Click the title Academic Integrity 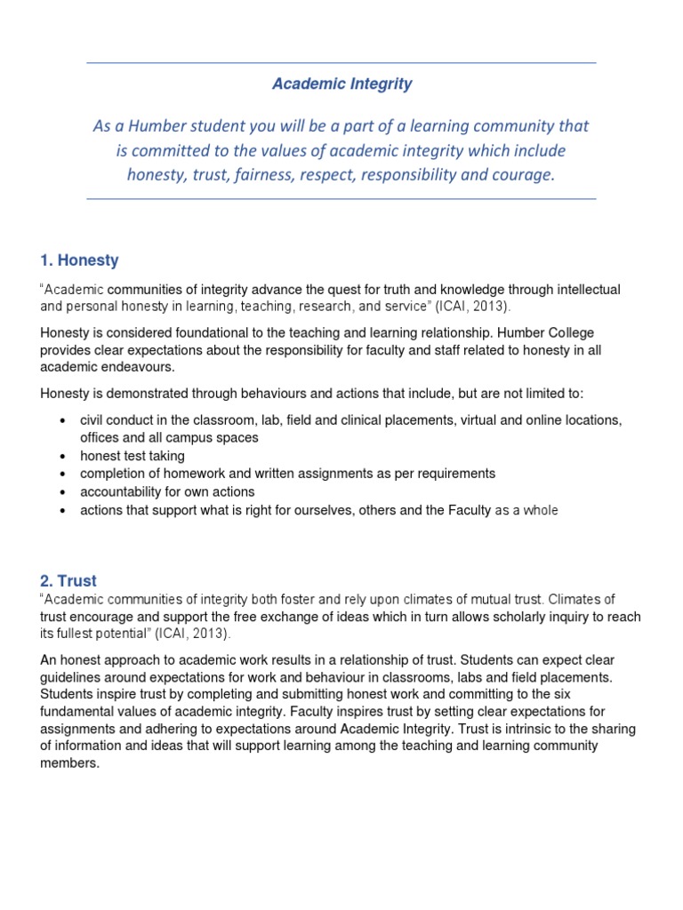click(341, 84)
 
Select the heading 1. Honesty click(79, 260)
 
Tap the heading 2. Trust click(68, 581)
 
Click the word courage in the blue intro click(523, 174)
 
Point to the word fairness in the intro click(270, 174)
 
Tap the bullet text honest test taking click(133, 456)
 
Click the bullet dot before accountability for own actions click(60, 492)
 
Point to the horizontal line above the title click(341, 63)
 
